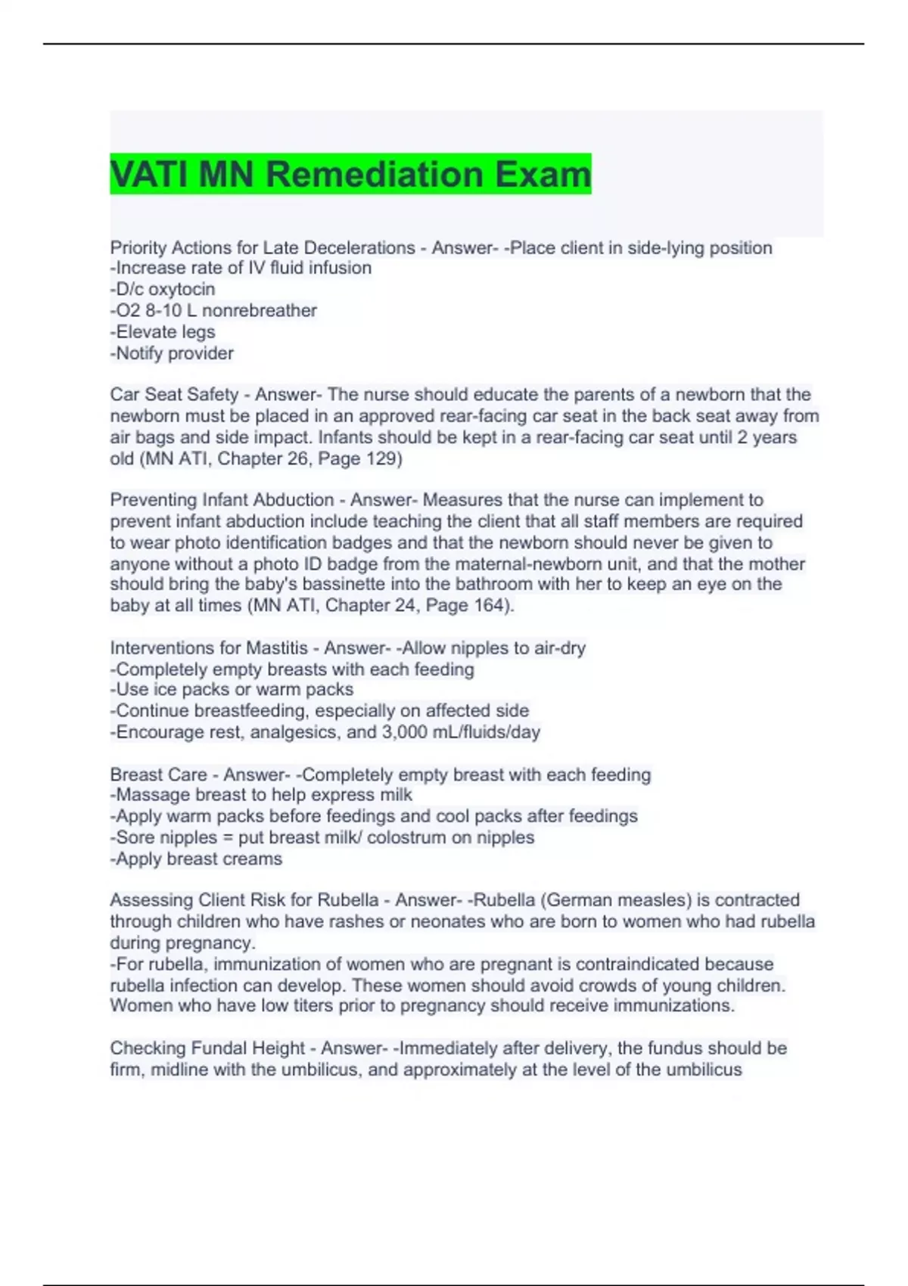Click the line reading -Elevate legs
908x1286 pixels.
pos(163,331)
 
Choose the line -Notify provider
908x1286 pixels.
pos(172,353)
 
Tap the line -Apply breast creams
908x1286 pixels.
pos(196,859)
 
